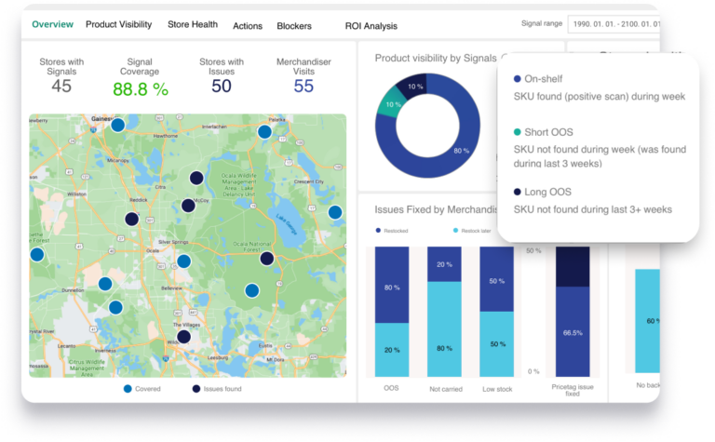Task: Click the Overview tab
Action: tap(53, 25)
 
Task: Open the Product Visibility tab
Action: tap(119, 25)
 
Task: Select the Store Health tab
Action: tap(192, 25)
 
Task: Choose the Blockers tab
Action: tap(294, 26)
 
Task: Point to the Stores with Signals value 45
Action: tap(61, 87)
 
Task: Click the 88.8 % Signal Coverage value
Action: tap(141, 89)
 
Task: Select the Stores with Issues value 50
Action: tap(222, 87)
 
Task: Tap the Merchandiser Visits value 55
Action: tap(304, 87)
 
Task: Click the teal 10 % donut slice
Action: tap(388, 104)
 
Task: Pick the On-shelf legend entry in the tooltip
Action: tap(544, 79)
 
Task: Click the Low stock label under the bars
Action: tap(496, 388)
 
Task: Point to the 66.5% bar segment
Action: tap(573, 332)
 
